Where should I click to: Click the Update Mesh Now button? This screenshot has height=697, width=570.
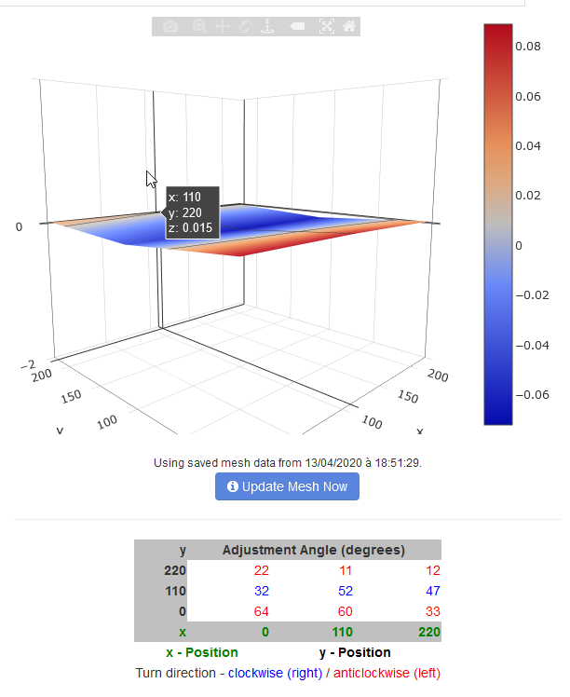pyautogui.click(x=287, y=486)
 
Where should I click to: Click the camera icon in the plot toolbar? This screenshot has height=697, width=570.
pyautogui.click(x=170, y=27)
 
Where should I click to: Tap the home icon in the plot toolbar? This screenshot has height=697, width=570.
pyautogui.click(x=348, y=27)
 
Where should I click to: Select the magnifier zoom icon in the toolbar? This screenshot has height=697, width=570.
pyautogui.click(x=199, y=27)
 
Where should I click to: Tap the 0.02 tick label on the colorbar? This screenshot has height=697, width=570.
pyautogui.click(x=527, y=196)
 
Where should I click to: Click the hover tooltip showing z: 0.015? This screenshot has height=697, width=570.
pyautogui.click(x=192, y=212)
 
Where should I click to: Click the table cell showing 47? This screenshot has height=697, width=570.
pyautogui.click(x=431, y=591)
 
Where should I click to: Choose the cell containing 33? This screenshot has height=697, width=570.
pyautogui.click(x=431, y=611)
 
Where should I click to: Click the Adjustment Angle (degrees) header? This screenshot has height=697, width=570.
pyautogui.click(x=313, y=550)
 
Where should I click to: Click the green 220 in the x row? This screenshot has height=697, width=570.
pyautogui.click(x=428, y=632)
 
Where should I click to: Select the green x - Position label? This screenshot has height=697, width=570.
pyautogui.click(x=201, y=652)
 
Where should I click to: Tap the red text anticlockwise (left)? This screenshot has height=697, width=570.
pyautogui.click(x=387, y=673)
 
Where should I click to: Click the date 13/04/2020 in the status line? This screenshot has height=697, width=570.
pyautogui.click(x=321, y=462)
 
